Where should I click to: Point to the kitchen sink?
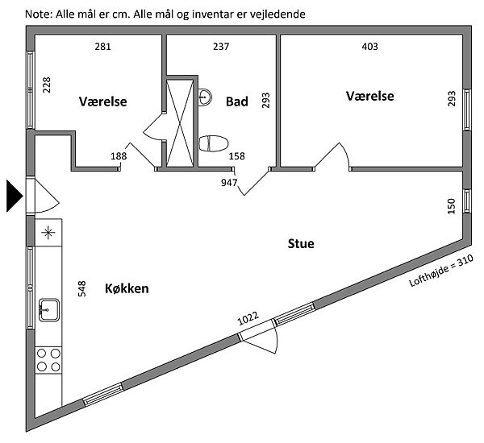[48, 308]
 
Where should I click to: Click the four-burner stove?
[48, 359]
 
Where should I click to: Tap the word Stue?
[301, 243]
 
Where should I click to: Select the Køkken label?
[127, 288]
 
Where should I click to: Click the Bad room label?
[236, 101]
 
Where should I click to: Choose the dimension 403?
[369, 47]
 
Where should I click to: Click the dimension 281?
[102, 47]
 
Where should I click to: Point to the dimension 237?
[221, 47]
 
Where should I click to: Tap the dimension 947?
[229, 183]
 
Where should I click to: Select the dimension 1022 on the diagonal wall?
[248, 319]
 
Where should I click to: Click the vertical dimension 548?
[81, 289]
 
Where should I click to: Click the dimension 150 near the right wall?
[452, 206]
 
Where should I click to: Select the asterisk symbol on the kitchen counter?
[48, 234]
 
